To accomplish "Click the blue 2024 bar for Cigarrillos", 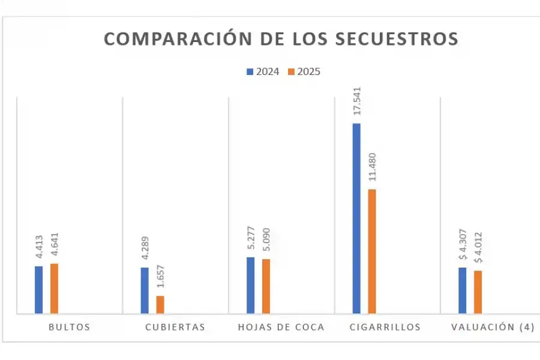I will point(356,218).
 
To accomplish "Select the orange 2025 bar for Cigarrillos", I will point(372,251).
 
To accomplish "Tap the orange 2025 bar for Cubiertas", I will point(160,305).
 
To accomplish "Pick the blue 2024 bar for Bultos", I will point(39,290).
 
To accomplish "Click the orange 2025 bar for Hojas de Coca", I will point(266,286).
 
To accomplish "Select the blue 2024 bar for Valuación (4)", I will point(463,290).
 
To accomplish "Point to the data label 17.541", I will point(357,101).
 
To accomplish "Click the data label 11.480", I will point(373,167).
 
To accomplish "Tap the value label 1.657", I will point(160,277).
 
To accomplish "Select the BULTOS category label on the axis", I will point(70,327).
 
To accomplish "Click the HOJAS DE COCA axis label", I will point(281,327).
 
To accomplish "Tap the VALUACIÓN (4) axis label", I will point(492,327).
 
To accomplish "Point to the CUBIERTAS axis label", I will point(175,327).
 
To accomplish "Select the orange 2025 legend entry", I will point(304,71).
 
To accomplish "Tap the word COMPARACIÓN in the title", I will point(169,38).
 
